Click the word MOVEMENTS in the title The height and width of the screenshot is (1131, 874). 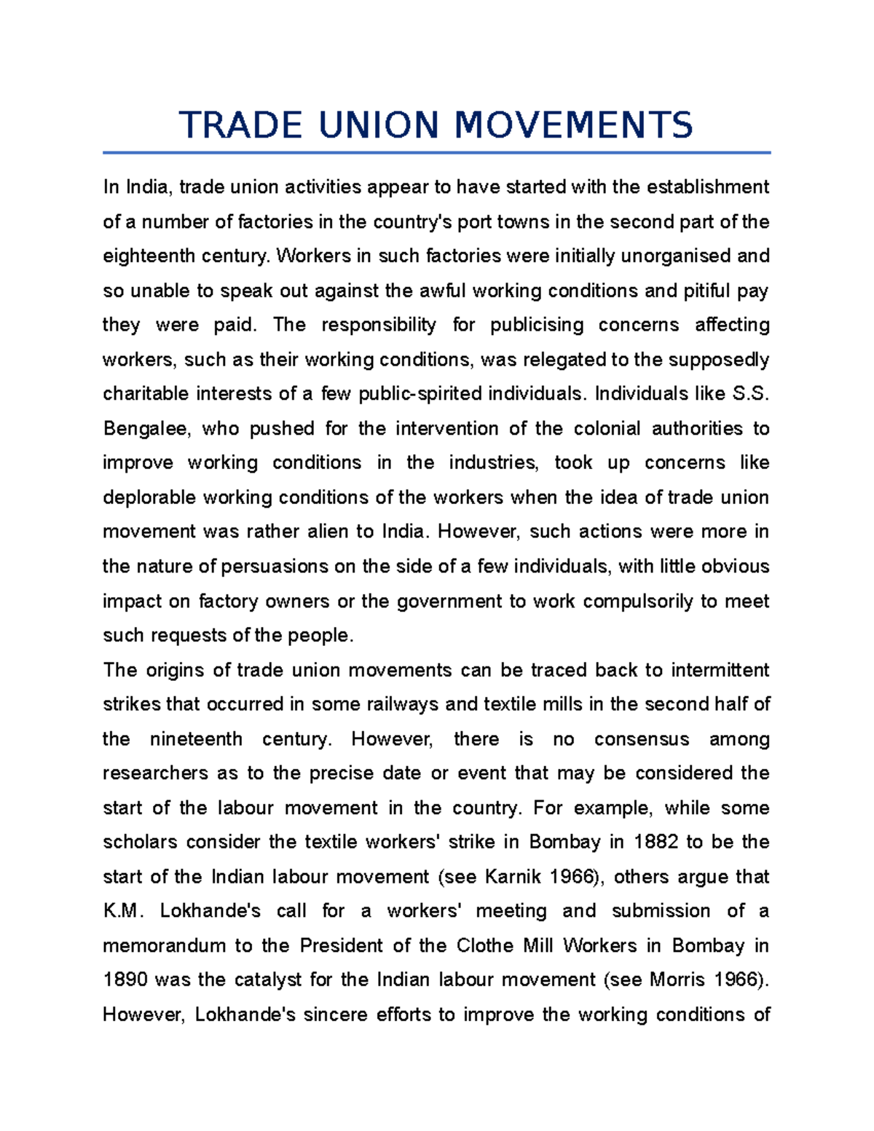[574, 125]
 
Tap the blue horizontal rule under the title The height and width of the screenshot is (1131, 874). [436, 153]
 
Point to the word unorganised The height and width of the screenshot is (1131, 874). [669, 256]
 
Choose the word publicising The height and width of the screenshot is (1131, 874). [537, 325]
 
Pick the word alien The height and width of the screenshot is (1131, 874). [327, 532]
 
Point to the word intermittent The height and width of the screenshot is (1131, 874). [720, 670]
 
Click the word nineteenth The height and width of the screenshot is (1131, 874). [196, 739]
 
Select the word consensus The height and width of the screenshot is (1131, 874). [642, 739]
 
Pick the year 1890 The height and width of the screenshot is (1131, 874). [125, 980]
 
